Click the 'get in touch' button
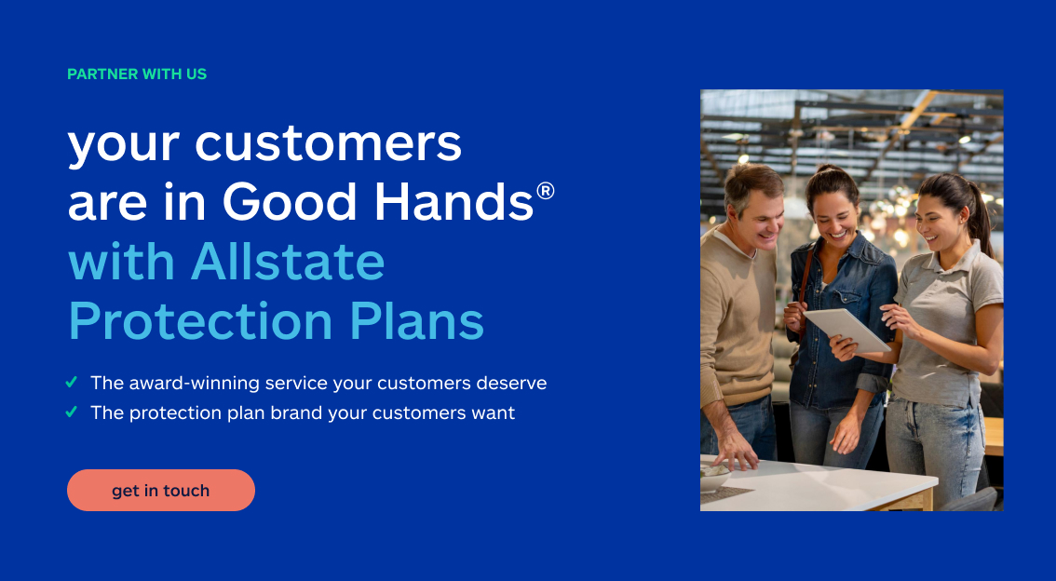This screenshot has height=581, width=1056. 160,491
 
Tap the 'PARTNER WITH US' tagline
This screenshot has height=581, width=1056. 137,74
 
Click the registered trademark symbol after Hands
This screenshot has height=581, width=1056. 546,192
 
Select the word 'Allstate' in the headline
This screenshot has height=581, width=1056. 288,263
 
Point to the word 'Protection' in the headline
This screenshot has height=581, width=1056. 200,321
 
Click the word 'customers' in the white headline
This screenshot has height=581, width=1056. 329,144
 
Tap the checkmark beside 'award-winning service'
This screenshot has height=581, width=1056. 72,383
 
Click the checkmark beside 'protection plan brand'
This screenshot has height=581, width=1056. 72,412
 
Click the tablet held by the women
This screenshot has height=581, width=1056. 846,330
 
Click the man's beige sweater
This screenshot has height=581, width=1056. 736,317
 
